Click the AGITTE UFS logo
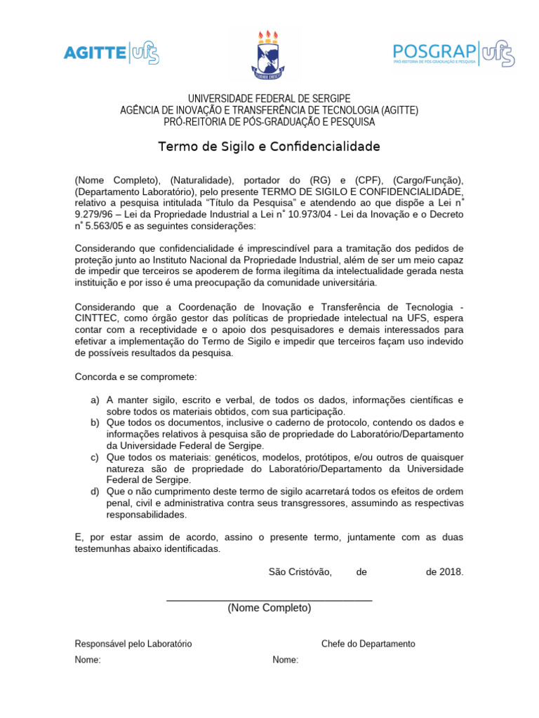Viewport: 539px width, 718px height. coord(111,52)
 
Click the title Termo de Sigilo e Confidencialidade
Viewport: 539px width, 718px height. coord(269,147)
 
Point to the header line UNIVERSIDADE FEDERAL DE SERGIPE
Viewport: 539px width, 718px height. coord(269,98)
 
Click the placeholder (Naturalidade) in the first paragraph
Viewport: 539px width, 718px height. coord(200,179)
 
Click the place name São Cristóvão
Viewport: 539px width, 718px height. coord(300,571)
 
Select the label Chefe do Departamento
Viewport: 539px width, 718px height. coord(368,644)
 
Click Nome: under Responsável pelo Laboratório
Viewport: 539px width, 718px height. coord(88,660)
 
